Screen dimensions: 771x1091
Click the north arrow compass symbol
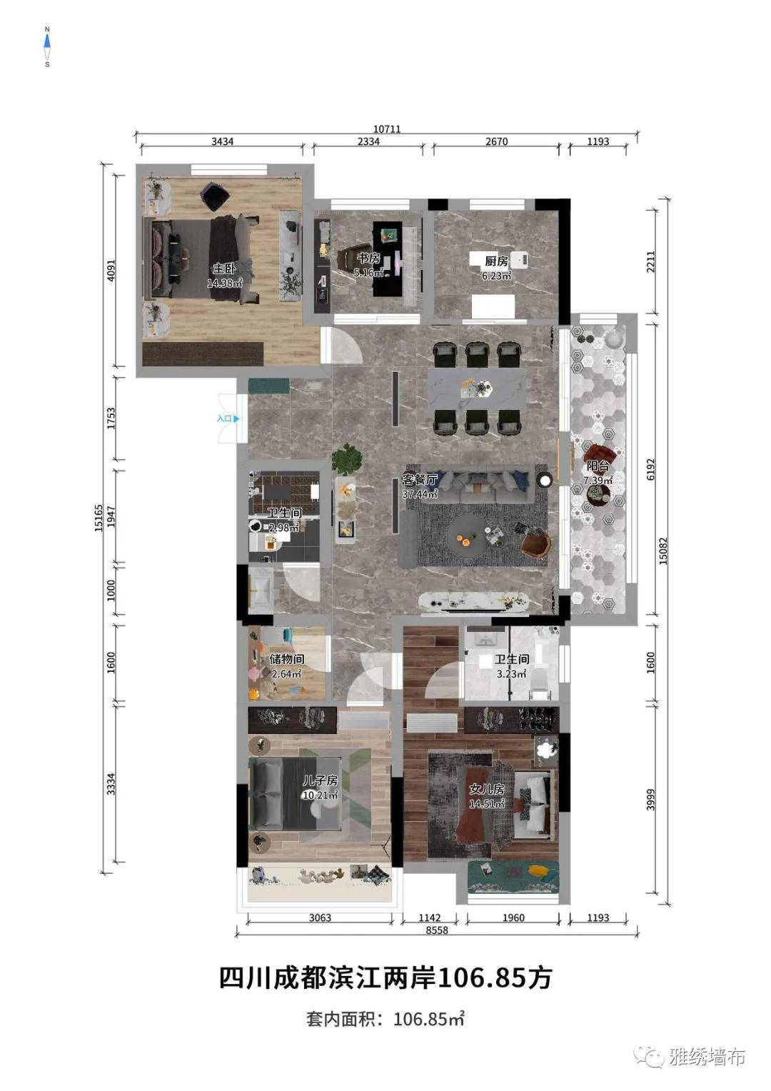pos(47,46)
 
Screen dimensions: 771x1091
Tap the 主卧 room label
pos(224,268)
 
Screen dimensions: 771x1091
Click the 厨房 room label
pos(496,261)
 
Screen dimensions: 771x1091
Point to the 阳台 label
pos(598,466)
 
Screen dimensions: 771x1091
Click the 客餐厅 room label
pos(419,479)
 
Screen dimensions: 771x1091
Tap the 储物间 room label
pos(287,660)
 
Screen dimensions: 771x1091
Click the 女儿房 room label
pos(487,788)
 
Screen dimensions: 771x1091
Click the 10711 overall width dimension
pos(387,129)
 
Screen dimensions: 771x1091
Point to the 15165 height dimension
pos(99,518)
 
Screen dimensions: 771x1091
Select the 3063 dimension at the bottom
pos(320,917)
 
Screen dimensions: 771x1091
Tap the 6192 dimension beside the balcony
pos(651,469)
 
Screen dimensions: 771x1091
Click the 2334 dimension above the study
pos(368,141)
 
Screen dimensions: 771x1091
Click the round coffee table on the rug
pos(468,536)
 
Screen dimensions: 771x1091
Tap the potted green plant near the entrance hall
pos(347,458)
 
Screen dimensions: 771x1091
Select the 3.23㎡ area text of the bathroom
pos(511,674)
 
